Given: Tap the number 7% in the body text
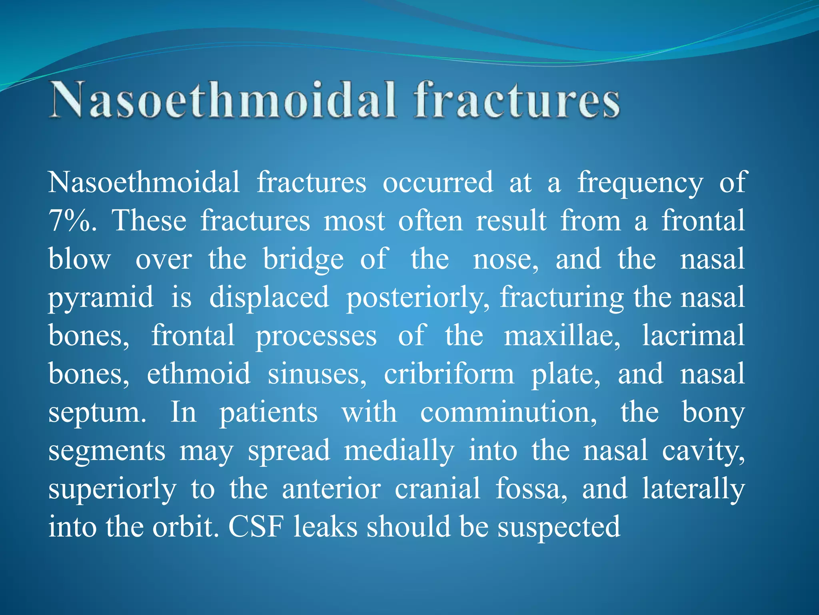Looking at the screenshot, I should [72, 221].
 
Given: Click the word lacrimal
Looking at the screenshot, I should [693, 336].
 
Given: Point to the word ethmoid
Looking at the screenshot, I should [199, 374].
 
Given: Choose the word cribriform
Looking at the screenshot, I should [449, 374].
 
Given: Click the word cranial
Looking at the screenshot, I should [437, 489].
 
